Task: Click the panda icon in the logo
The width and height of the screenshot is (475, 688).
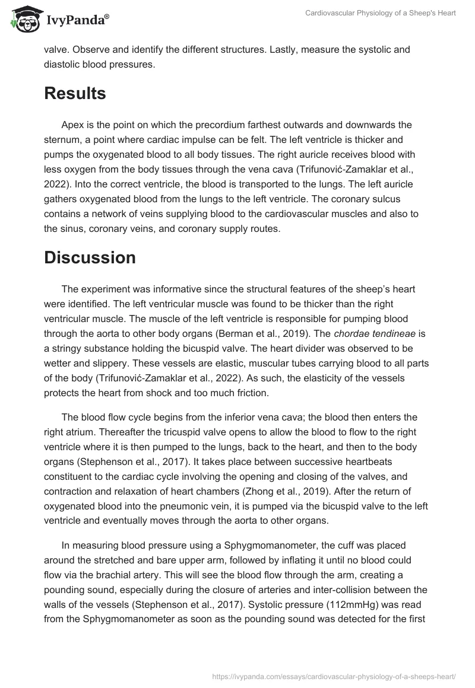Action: [x=22, y=20]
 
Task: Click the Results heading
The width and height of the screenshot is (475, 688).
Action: [x=75, y=94]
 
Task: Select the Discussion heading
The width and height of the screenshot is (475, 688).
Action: [x=90, y=257]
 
